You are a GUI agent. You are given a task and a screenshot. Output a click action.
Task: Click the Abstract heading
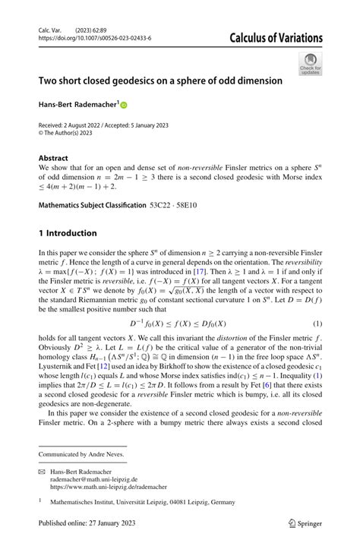pyautogui.click(x=53, y=159)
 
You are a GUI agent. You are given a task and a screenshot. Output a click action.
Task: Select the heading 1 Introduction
pyautogui.click(x=68, y=232)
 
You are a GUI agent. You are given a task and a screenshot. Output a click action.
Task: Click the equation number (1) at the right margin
pyautogui.click(x=317, y=323)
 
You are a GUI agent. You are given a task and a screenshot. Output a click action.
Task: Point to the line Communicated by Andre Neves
pyautogui.click(x=82, y=453)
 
